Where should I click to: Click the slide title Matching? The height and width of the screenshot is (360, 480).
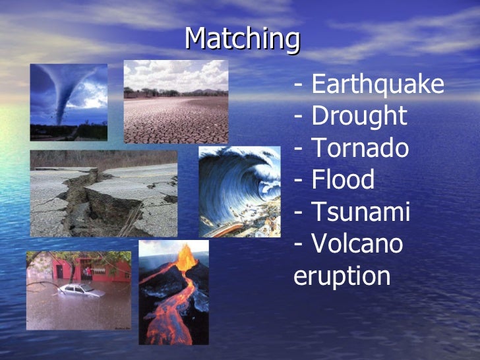coord(242,39)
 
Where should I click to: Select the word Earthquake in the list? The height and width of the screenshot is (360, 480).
coord(377,85)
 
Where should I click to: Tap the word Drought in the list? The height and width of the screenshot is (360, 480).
coord(359,117)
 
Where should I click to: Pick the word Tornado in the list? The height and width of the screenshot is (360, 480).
coord(359,148)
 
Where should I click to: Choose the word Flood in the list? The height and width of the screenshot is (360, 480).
coord(342,180)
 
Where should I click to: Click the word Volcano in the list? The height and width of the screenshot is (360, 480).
coord(356,243)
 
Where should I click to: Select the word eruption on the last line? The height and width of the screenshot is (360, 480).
coord(342,276)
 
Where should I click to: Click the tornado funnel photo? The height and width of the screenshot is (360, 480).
coord(69,102)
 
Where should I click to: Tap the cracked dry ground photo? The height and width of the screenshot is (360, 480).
coord(176,102)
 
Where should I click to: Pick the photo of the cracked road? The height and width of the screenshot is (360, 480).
coord(104,193)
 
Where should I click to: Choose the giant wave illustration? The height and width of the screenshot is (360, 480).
coord(240,191)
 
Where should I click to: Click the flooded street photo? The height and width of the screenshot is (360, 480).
coord(78,290)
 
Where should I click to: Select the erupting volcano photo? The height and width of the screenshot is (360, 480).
coord(173,292)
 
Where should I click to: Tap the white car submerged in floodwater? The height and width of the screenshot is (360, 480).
coord(78,290)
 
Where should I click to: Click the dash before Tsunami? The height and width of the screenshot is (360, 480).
coord(300,213)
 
